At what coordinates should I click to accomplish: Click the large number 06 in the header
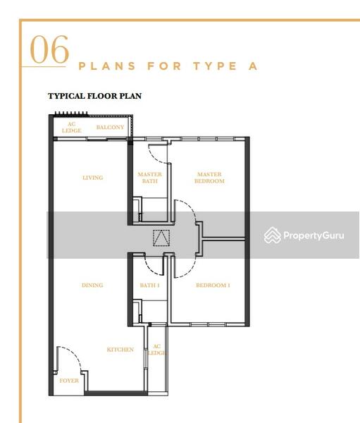[49, 49]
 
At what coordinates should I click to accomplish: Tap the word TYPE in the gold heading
[215, 66]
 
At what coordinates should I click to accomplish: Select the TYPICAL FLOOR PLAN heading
[94, 96]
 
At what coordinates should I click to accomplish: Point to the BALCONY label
[110, 127]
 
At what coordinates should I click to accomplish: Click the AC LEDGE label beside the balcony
[71, 127]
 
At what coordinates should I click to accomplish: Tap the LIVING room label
[93, 178]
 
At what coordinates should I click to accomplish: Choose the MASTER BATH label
[149, 178]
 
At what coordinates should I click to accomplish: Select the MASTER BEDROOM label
[209, 178]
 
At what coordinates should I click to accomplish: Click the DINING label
[92, 285]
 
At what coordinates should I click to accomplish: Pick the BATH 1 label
[149, 285]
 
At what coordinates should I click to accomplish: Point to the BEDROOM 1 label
[213, 285]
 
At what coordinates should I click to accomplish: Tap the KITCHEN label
[120, 350]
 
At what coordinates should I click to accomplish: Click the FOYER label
[69, 381]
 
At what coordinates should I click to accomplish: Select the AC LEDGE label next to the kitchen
[157, 350]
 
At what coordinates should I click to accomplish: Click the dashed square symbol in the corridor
[161, 238]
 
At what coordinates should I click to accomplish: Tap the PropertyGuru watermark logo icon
[273, 235]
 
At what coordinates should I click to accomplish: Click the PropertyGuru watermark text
[314, 235]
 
